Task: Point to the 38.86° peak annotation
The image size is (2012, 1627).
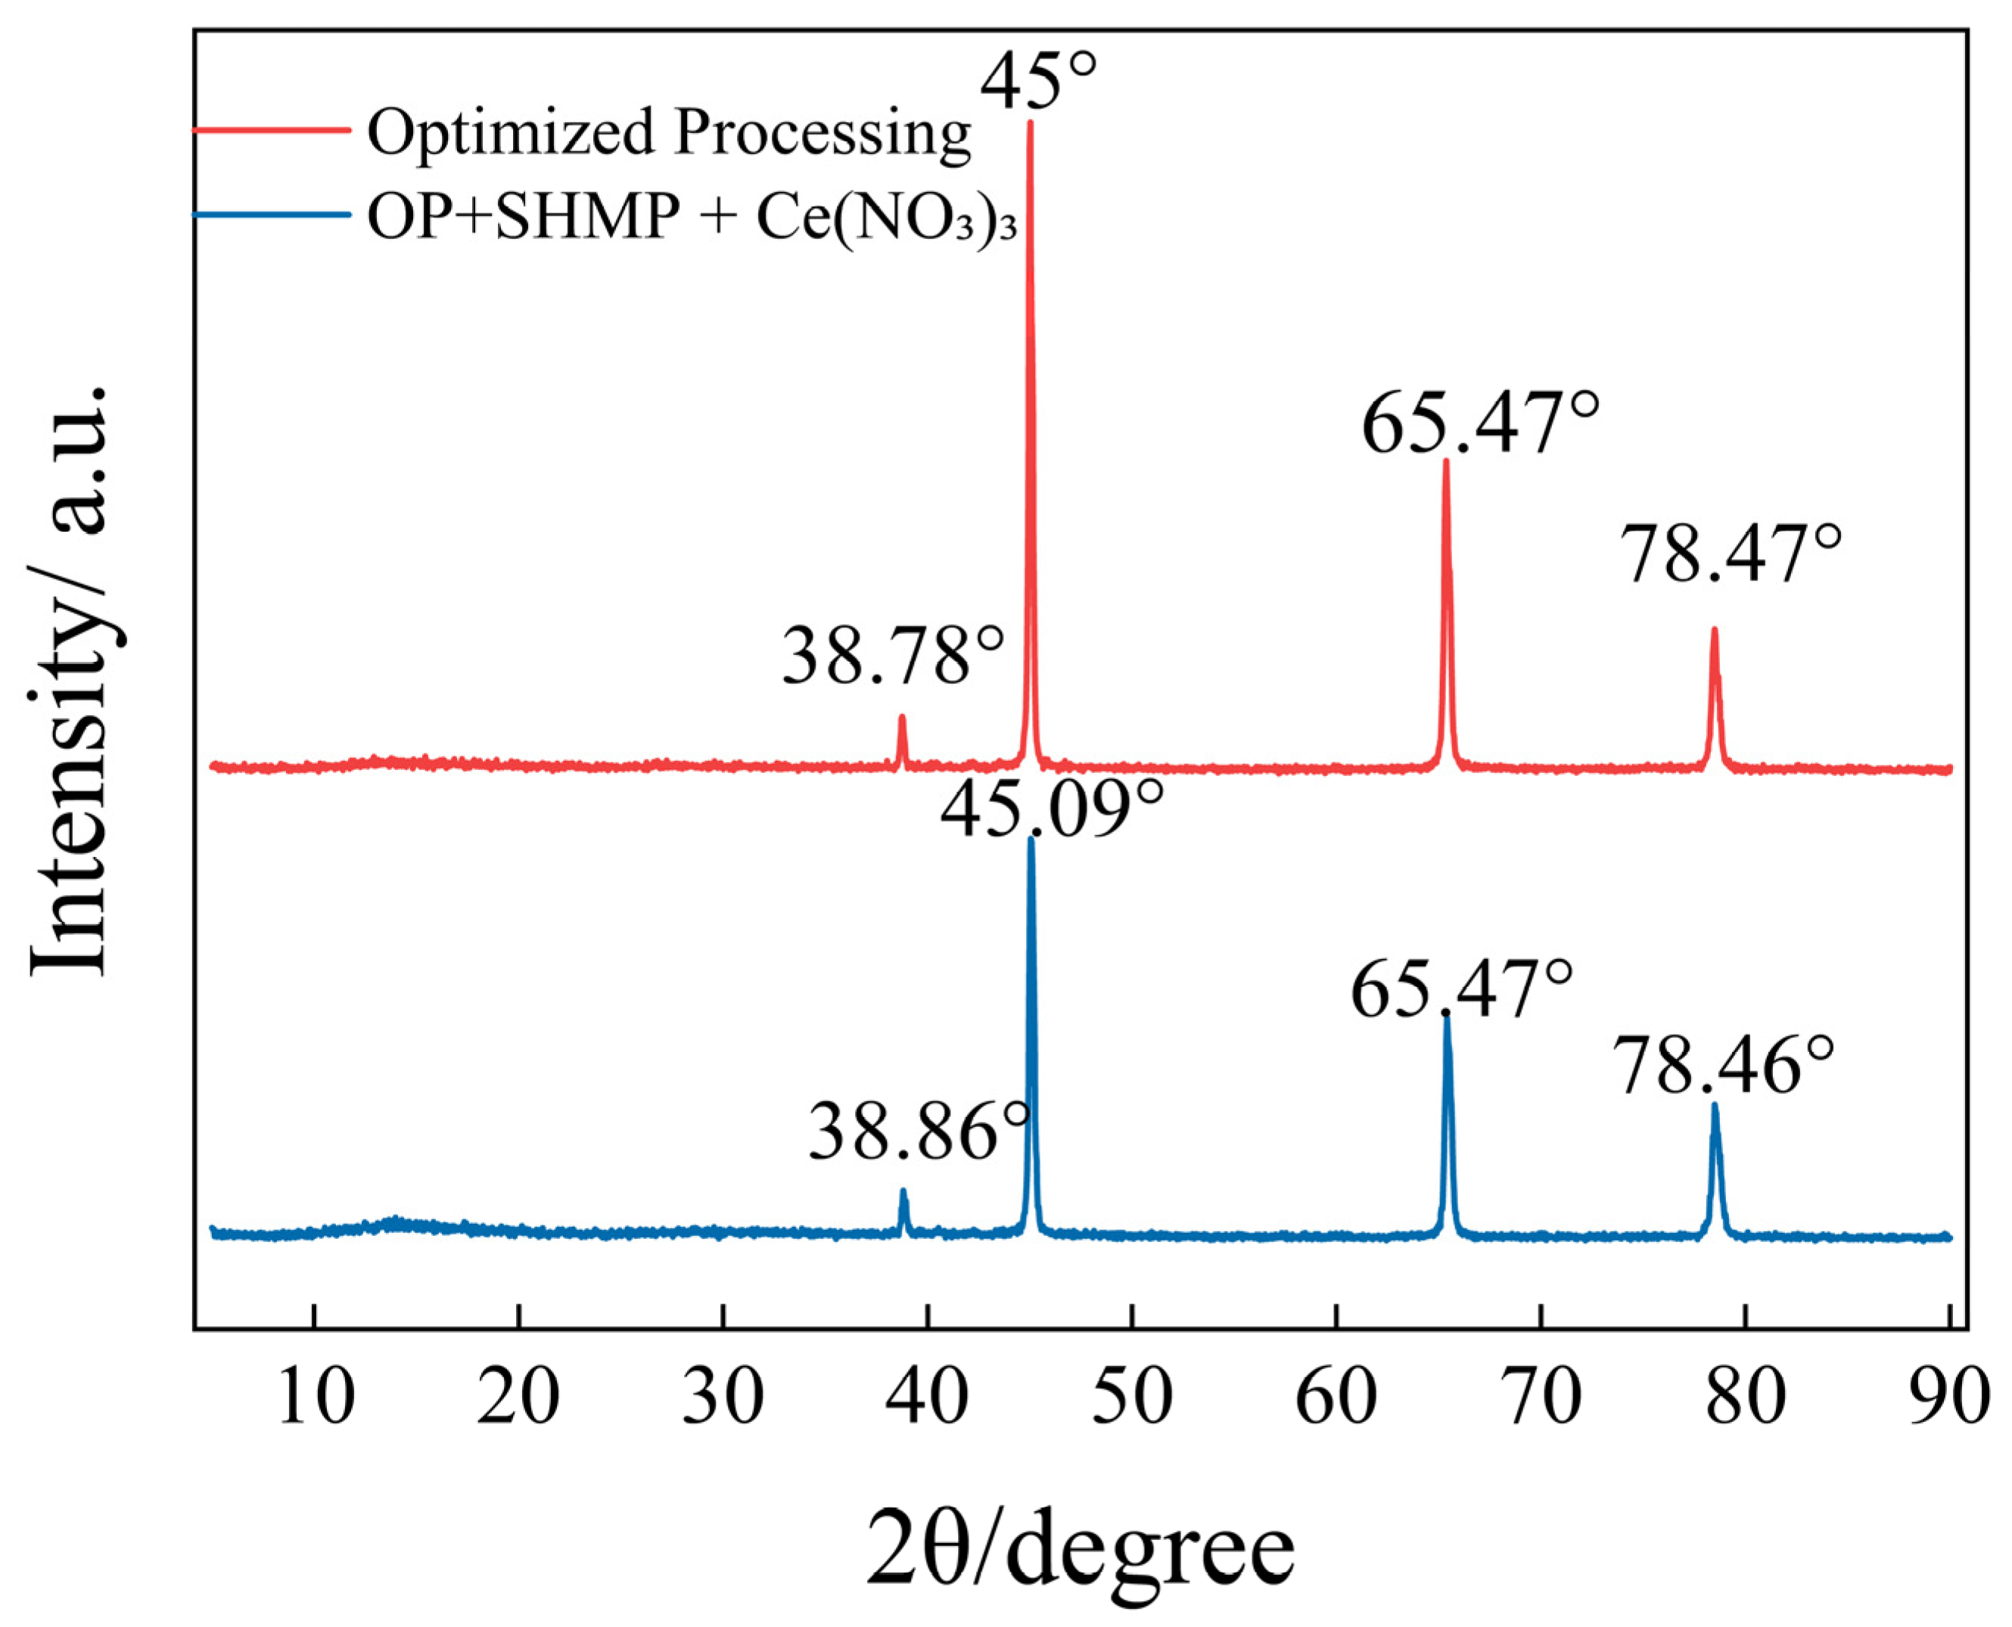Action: click(x=919, y=1132)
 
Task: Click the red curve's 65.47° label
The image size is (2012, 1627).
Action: click(x=1480, y=424)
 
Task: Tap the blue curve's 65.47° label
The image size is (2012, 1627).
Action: click(x=1460, y=989)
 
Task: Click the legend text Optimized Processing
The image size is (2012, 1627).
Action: click(x=668, y=132)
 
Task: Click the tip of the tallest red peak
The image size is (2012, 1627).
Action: click(x=1031, y=123)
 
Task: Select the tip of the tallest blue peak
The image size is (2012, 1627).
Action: click(x=1031, y=840)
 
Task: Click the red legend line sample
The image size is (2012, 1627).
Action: click(x=272, y=129)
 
